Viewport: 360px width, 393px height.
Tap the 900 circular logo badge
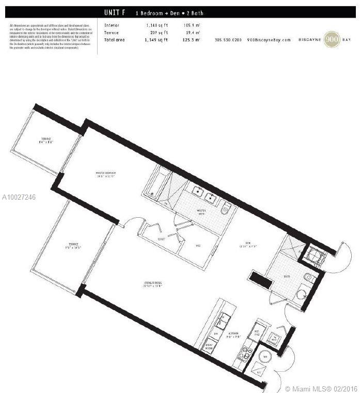click(332, 40)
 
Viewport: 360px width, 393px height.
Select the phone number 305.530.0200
click(228, 40)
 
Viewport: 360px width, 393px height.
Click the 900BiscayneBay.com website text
click(269, 40)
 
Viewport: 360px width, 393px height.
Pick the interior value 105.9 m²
click(192, 25)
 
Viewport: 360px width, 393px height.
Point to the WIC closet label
click(198, 246)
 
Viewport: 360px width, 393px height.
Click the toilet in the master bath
click(226, 209)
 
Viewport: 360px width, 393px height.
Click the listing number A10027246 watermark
click(19, 197)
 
